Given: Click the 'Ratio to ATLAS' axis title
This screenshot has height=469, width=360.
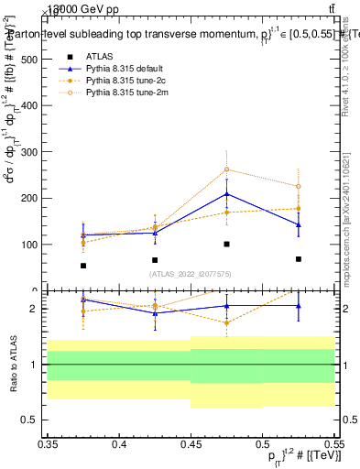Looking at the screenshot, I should tap(13, 364).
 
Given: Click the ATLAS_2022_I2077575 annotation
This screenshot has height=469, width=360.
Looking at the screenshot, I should tap(191, 274).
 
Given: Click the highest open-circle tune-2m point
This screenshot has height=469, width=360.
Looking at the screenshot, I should tap(226, 169).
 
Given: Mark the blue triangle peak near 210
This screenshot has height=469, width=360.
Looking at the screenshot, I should tap(226, 193).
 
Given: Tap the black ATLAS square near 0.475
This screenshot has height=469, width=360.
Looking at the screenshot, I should tap(226, 244).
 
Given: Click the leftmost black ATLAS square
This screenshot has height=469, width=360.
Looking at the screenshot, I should tap(83, 266).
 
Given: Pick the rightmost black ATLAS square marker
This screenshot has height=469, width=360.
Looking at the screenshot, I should tap(298, 259).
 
